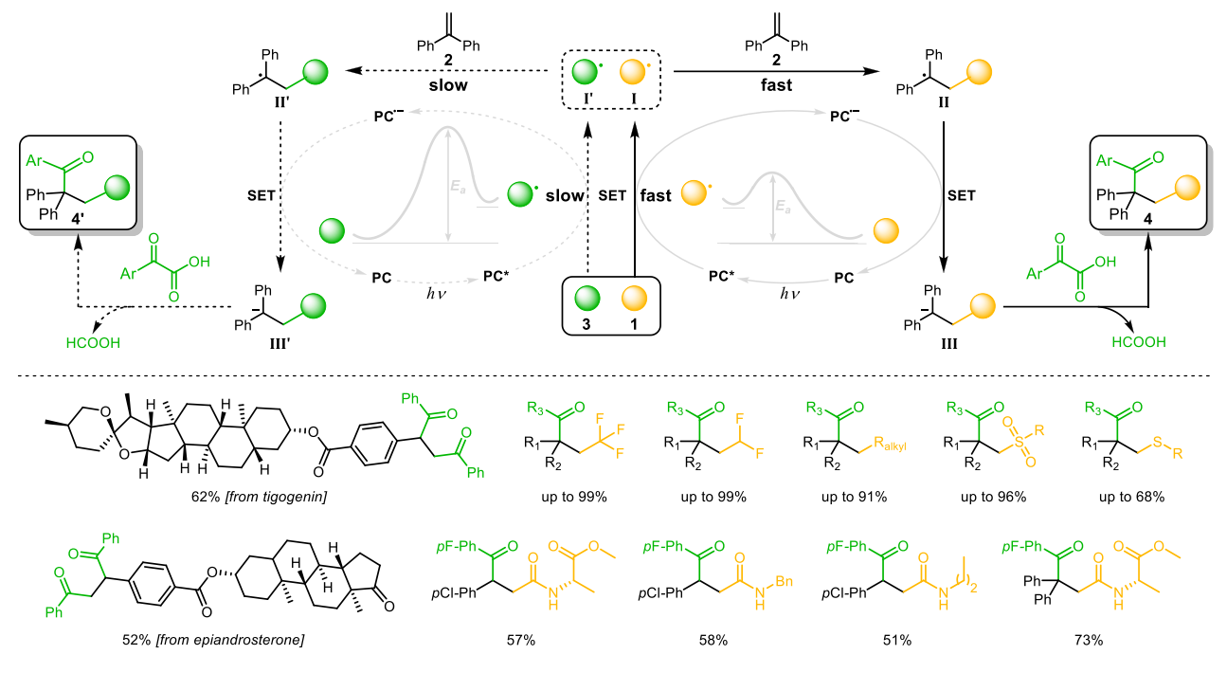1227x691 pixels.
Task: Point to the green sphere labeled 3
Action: click(x=587, y=297)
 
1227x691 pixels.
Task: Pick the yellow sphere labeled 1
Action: click(x=632, y=297)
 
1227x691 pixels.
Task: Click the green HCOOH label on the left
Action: click(x=93, y=343)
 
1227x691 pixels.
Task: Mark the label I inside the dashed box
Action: click(x=632, y=95)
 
